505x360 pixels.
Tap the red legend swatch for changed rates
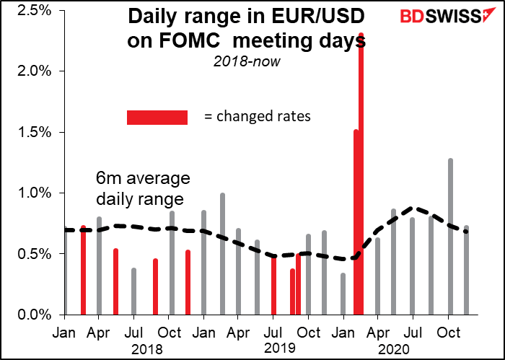click(x=157, y=117)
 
